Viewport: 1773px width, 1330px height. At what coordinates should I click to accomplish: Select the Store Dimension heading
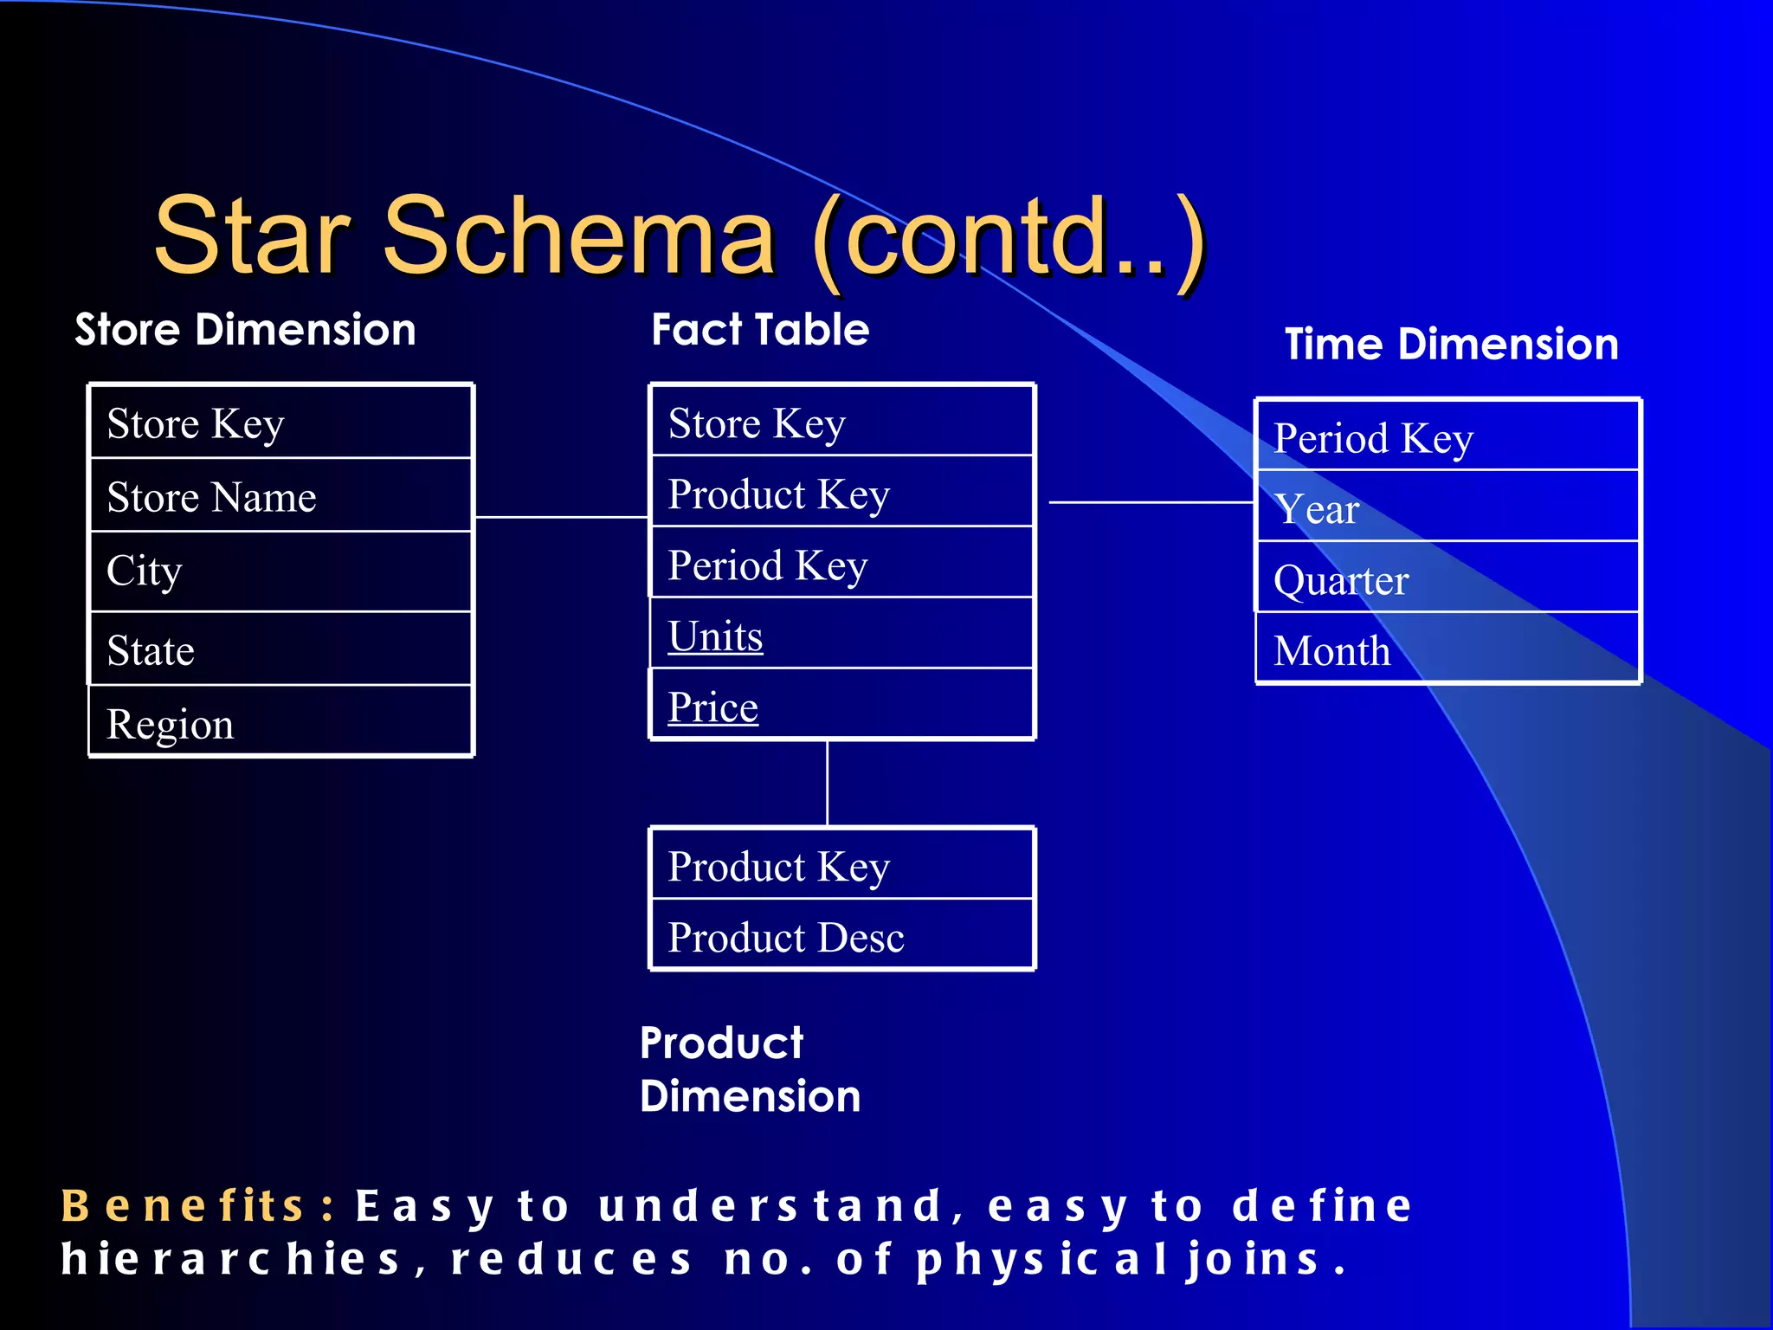tap(245, 330)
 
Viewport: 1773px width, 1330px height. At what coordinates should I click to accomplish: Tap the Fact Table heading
tap(760, 330)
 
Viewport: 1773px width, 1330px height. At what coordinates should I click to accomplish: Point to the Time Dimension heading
tap(1451, 345)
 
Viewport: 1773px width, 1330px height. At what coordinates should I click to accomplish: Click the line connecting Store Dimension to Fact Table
tap(561, 517)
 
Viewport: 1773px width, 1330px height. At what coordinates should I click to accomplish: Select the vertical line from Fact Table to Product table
tap(827, 783)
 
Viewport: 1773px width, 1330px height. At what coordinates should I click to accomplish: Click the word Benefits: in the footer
tap(198, 1206)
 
